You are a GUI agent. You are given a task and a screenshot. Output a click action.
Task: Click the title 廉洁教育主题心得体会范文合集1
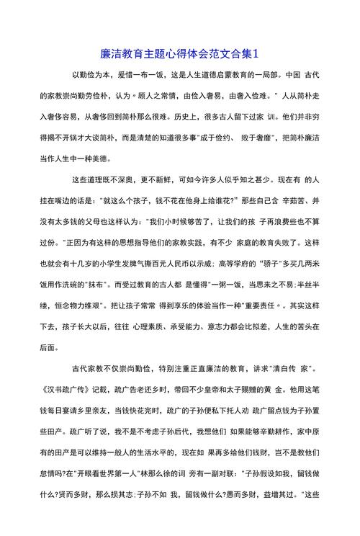click(x=180, y=53)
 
